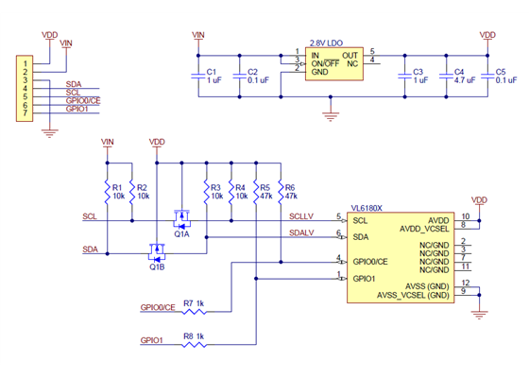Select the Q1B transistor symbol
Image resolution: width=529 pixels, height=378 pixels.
click(x=155, y=253)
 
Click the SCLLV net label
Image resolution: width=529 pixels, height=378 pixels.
click(x=303, y=216)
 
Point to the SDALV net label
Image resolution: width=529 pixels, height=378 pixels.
click(x=302, y=232)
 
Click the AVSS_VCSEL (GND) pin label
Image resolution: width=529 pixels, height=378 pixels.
click(x=413, y=294)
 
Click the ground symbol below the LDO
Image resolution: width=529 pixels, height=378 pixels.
click(x=330, y=115)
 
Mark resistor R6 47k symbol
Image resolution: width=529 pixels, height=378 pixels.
click(x=280, y=193)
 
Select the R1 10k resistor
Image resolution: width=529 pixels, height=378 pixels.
click(x=108, y=193)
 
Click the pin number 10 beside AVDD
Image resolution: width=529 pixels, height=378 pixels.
click(x=466, y=215)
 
